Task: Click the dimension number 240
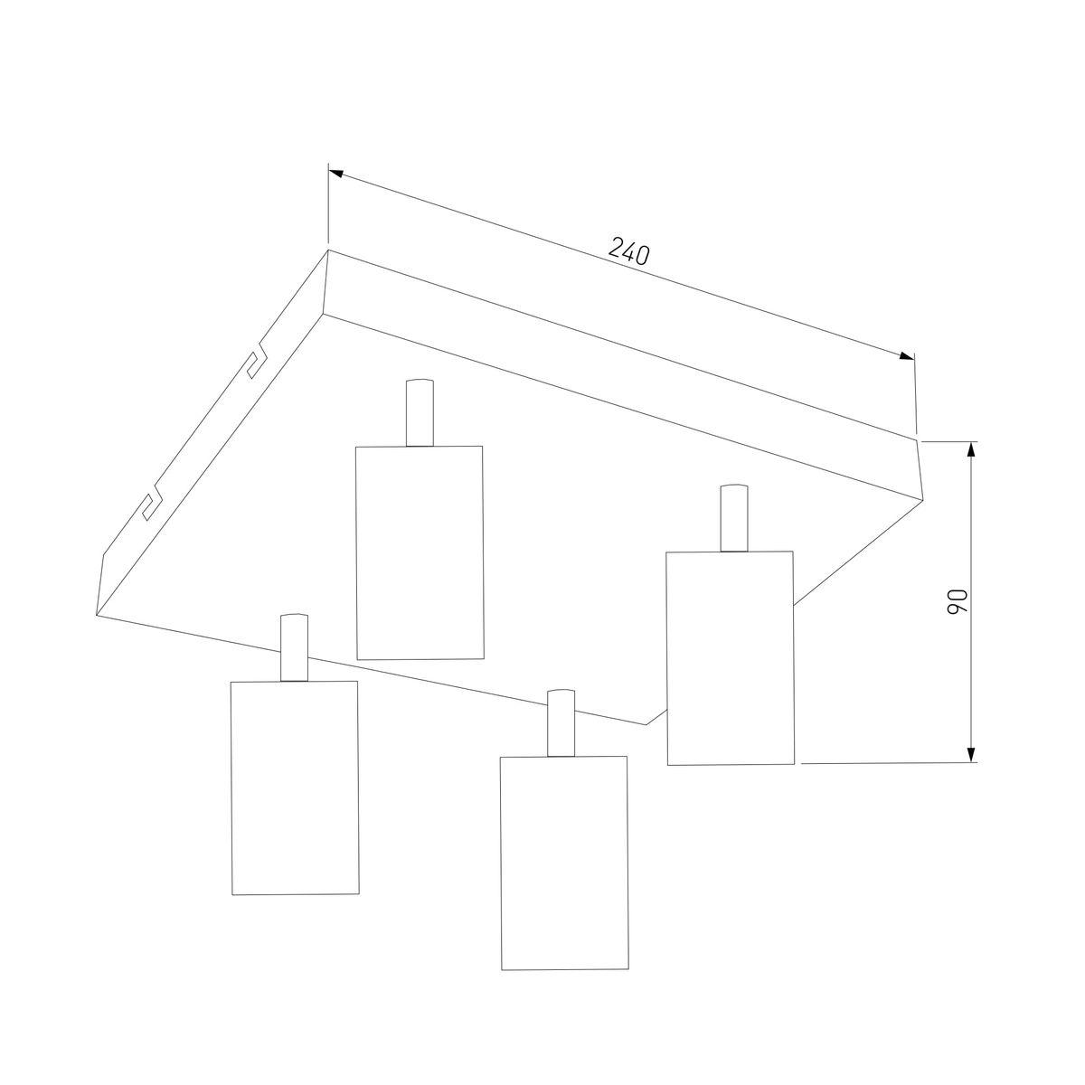629,251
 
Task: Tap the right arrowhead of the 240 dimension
907,355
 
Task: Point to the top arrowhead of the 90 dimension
971,450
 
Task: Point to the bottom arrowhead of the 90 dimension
971,754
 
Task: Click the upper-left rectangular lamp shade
420,552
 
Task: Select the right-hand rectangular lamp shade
731,657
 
